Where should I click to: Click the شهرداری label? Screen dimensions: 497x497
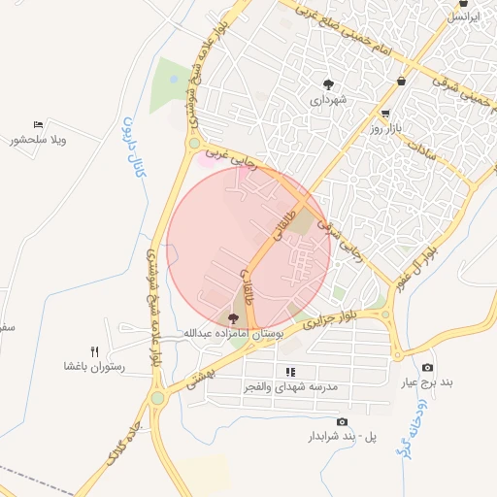pos(329,99)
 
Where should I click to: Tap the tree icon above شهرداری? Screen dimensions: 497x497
pos(329,83)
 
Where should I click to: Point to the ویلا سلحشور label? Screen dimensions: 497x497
pos(38,141)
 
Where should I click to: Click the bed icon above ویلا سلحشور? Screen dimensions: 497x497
pos(38,125)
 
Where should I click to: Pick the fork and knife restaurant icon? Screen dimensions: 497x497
pos(94,350)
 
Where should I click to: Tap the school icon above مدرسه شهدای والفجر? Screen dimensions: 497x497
pos(289,372)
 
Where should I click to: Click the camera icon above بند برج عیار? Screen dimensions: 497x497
pos(428,368)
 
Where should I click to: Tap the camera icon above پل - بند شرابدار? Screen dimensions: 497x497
pos(342,422)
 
